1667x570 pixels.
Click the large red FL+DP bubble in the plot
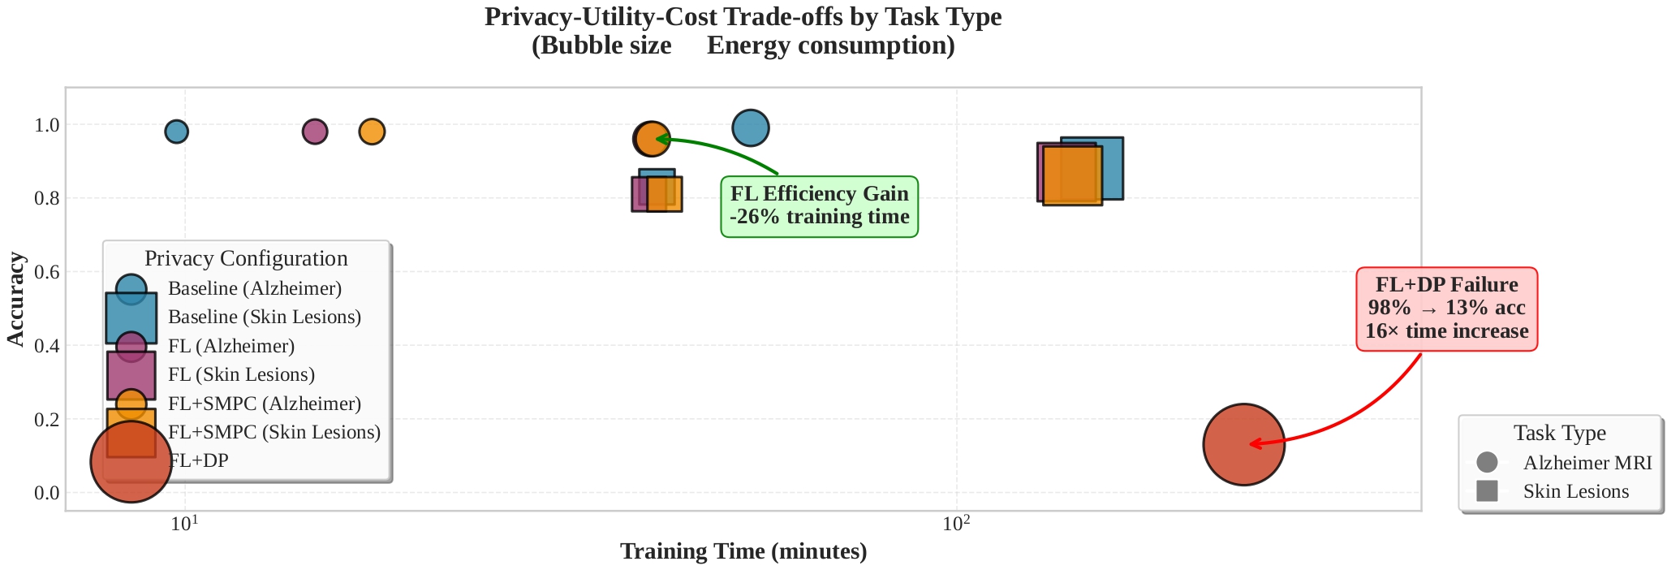[1243, 444]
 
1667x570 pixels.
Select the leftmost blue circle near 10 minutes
[176, 131]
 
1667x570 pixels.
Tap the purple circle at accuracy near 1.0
[315, 131]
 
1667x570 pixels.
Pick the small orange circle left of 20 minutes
[372, 131]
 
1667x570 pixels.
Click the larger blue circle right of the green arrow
[750, 127]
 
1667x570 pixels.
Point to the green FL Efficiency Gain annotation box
[819, 206]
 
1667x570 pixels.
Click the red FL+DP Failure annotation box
[1446, 309]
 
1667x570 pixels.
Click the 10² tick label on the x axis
[957, 525]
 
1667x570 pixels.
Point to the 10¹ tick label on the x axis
[185, 525]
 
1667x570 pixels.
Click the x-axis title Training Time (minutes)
[743, 552]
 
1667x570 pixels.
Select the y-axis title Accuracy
[15, 299]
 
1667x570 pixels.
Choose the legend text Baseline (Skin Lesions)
[264, 317]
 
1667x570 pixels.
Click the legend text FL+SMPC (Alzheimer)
[264, 404]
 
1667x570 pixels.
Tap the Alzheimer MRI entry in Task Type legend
[1587, 463]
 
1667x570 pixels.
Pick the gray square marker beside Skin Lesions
[1487, 491]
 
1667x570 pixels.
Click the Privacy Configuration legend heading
[246, 258]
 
